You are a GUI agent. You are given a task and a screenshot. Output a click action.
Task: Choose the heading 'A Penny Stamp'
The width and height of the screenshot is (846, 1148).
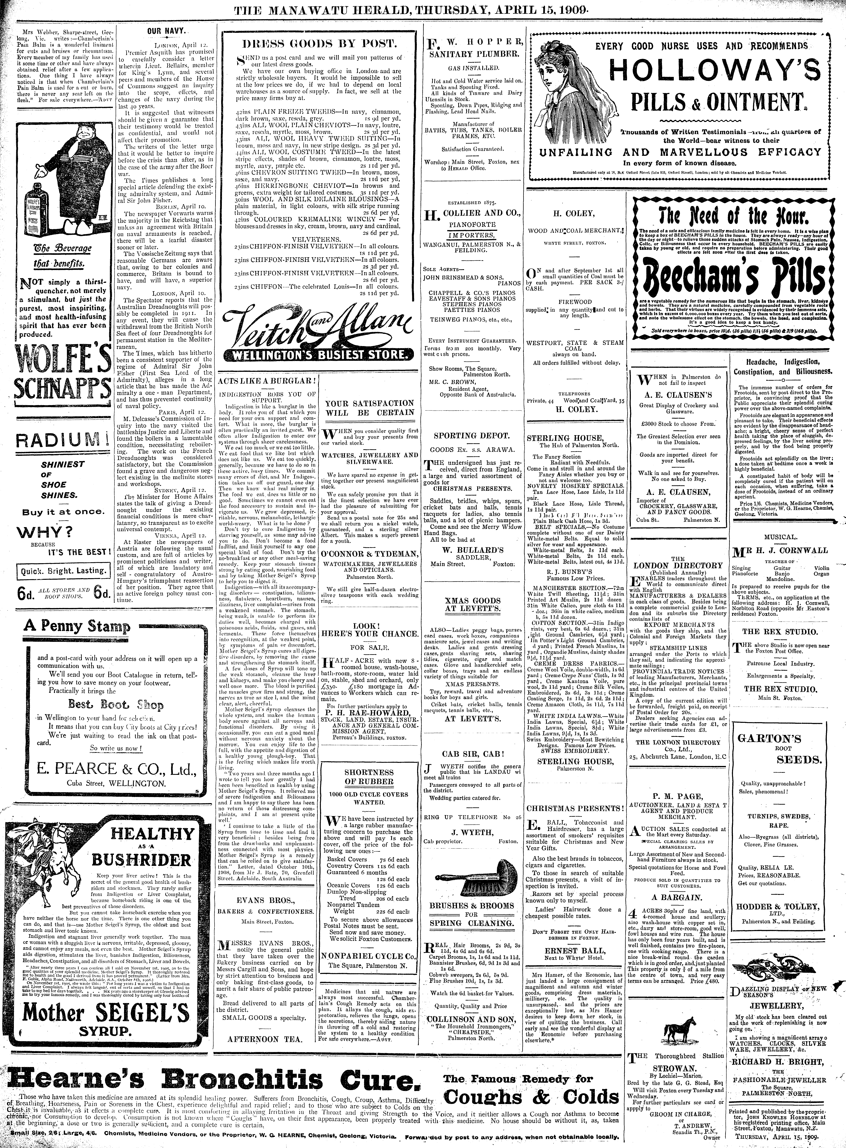coord(77,626)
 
